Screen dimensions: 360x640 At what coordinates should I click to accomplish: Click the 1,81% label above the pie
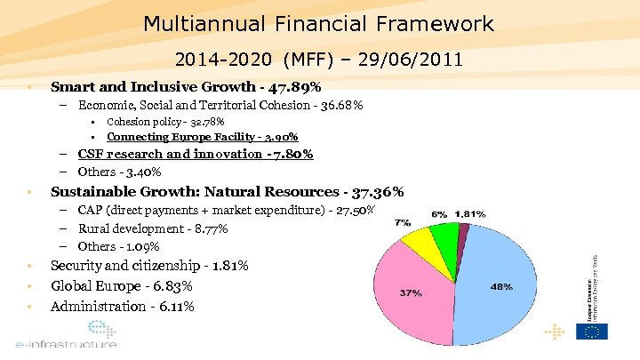pyautogui.click(x=470, y=214)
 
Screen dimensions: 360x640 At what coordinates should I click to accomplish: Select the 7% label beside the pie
pyautogui.click(x=402, y=221)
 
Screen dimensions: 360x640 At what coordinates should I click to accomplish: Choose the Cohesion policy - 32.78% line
pyautogui.click(x=165, y=122)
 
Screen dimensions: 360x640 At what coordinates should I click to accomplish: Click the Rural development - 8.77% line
pyautogui.click(x=153, y=228)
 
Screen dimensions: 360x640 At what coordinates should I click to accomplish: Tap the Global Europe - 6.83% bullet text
pyautogui.click(x=122, y=286)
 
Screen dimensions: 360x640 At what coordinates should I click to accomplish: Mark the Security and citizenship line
pyautogui.click(x=149, y=266)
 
